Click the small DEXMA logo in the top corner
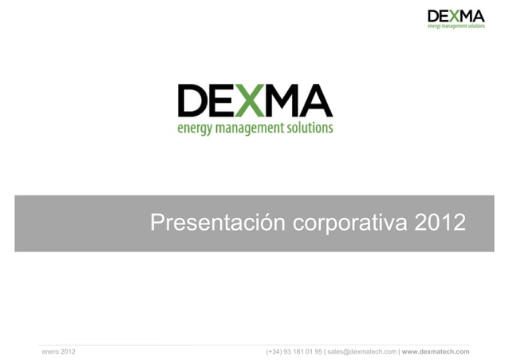[456, 17]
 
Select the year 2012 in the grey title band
[438, 224]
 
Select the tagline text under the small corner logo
[456, 26]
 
